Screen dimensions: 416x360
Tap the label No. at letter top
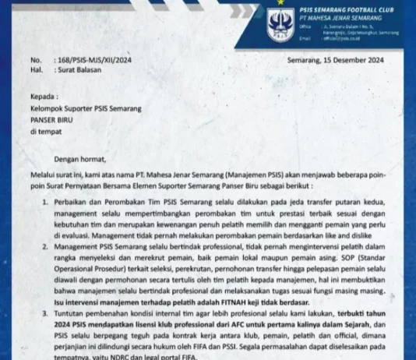[x=36, y=60]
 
